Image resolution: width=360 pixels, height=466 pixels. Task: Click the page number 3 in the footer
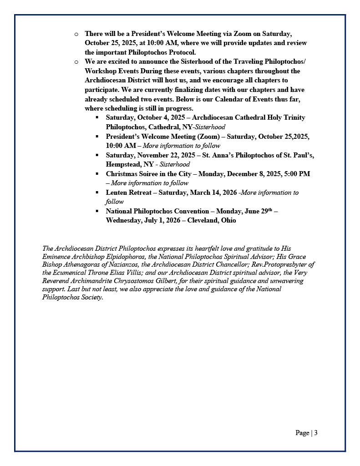pyautogui.click(x=316, y=433)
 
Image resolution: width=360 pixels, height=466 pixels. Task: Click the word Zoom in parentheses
pyautogui.click(x=208, y=137)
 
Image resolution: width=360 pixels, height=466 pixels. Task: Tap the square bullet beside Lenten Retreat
pyautogui.click(x=97, y=192)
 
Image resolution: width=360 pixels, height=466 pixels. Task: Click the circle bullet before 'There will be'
pyautogui.click(x=76, y=34)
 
